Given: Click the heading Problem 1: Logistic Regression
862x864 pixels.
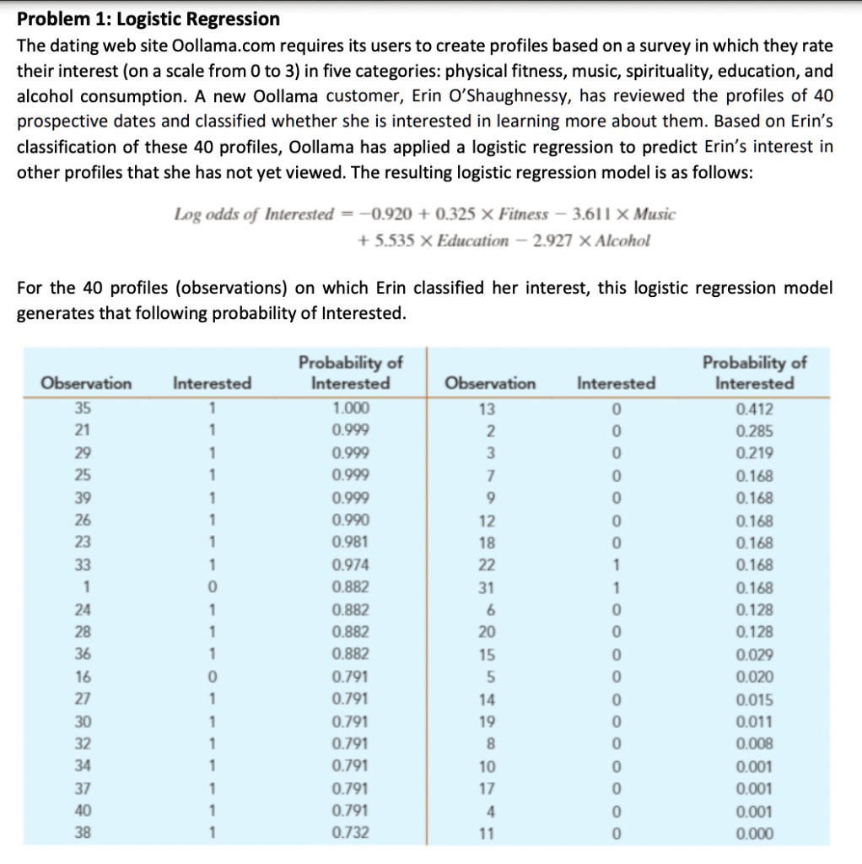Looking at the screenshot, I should point(148,19).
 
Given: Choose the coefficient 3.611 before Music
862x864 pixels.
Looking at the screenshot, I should point(596,214).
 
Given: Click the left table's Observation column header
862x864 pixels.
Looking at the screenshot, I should point(88,383).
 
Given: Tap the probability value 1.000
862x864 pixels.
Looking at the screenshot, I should point(351,409).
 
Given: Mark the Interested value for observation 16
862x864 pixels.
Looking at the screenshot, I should point(213,677).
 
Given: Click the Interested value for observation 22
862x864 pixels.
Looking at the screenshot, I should point(617,565).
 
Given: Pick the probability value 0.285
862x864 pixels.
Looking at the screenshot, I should point(753,431).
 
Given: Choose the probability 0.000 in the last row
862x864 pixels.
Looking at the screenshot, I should point(753,834).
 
